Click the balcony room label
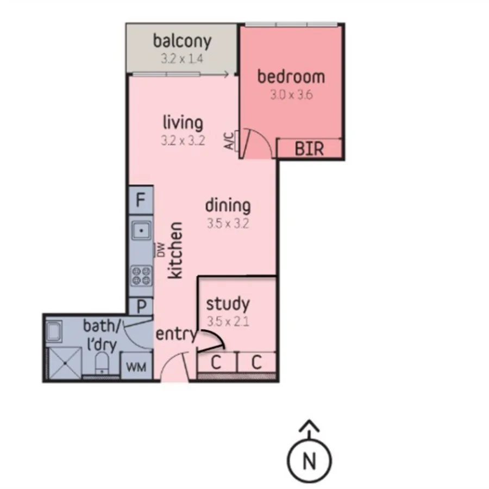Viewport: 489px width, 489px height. coord(181,41)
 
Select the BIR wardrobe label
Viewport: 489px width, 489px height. coord(309,148)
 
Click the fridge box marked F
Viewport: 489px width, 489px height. coord(141,200)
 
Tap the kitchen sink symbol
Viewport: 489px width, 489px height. coord(141,231)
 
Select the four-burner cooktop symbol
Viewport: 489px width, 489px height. coord(141,275)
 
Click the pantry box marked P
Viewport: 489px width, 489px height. coord(141,306)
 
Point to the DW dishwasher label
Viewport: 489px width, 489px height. coord(161,249)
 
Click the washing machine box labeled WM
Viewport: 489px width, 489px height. coord(136,366)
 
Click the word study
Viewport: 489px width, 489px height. coord(228,303)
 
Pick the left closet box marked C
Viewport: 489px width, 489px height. coord(216,362)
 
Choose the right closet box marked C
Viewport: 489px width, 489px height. coord(257,362)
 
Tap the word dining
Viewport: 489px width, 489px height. coord(228,206)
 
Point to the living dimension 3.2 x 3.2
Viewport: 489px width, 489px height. coord(182,141)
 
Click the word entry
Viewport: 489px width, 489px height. coord(175,334)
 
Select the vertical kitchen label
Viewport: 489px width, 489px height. coord(175,250)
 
